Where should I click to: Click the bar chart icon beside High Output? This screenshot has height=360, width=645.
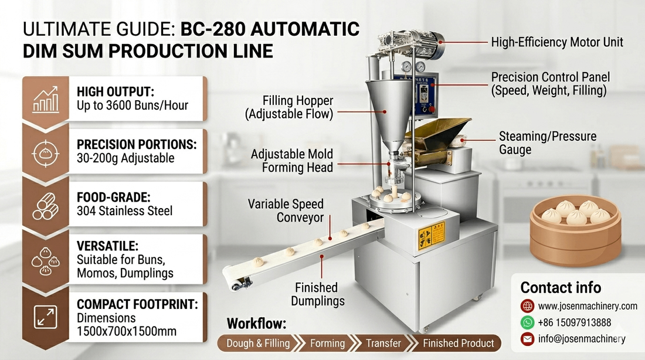point(46,100)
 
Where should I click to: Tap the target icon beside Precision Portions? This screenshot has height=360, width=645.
point(45,153)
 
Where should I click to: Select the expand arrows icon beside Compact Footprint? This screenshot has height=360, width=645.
point(45,317)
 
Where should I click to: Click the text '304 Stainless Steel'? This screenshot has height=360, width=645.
point(125,210)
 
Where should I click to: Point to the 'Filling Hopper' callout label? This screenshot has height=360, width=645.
point(289,107)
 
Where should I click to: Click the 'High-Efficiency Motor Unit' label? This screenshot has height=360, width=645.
point(557,42)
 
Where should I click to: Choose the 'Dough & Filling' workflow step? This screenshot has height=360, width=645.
point(259,343)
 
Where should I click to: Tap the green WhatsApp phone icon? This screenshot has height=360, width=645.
point(527,322)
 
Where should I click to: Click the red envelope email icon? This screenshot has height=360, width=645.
point(527,339)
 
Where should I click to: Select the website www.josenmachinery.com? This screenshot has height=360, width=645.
point(588,306)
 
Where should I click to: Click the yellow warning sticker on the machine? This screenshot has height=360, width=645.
point(432,236)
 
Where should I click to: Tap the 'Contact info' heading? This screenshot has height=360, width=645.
point(561,287)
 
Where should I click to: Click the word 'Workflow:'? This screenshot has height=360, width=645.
point(256,324)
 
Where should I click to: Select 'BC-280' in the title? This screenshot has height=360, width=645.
point(213,29)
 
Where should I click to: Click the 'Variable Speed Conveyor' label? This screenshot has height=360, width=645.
point(286,210)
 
